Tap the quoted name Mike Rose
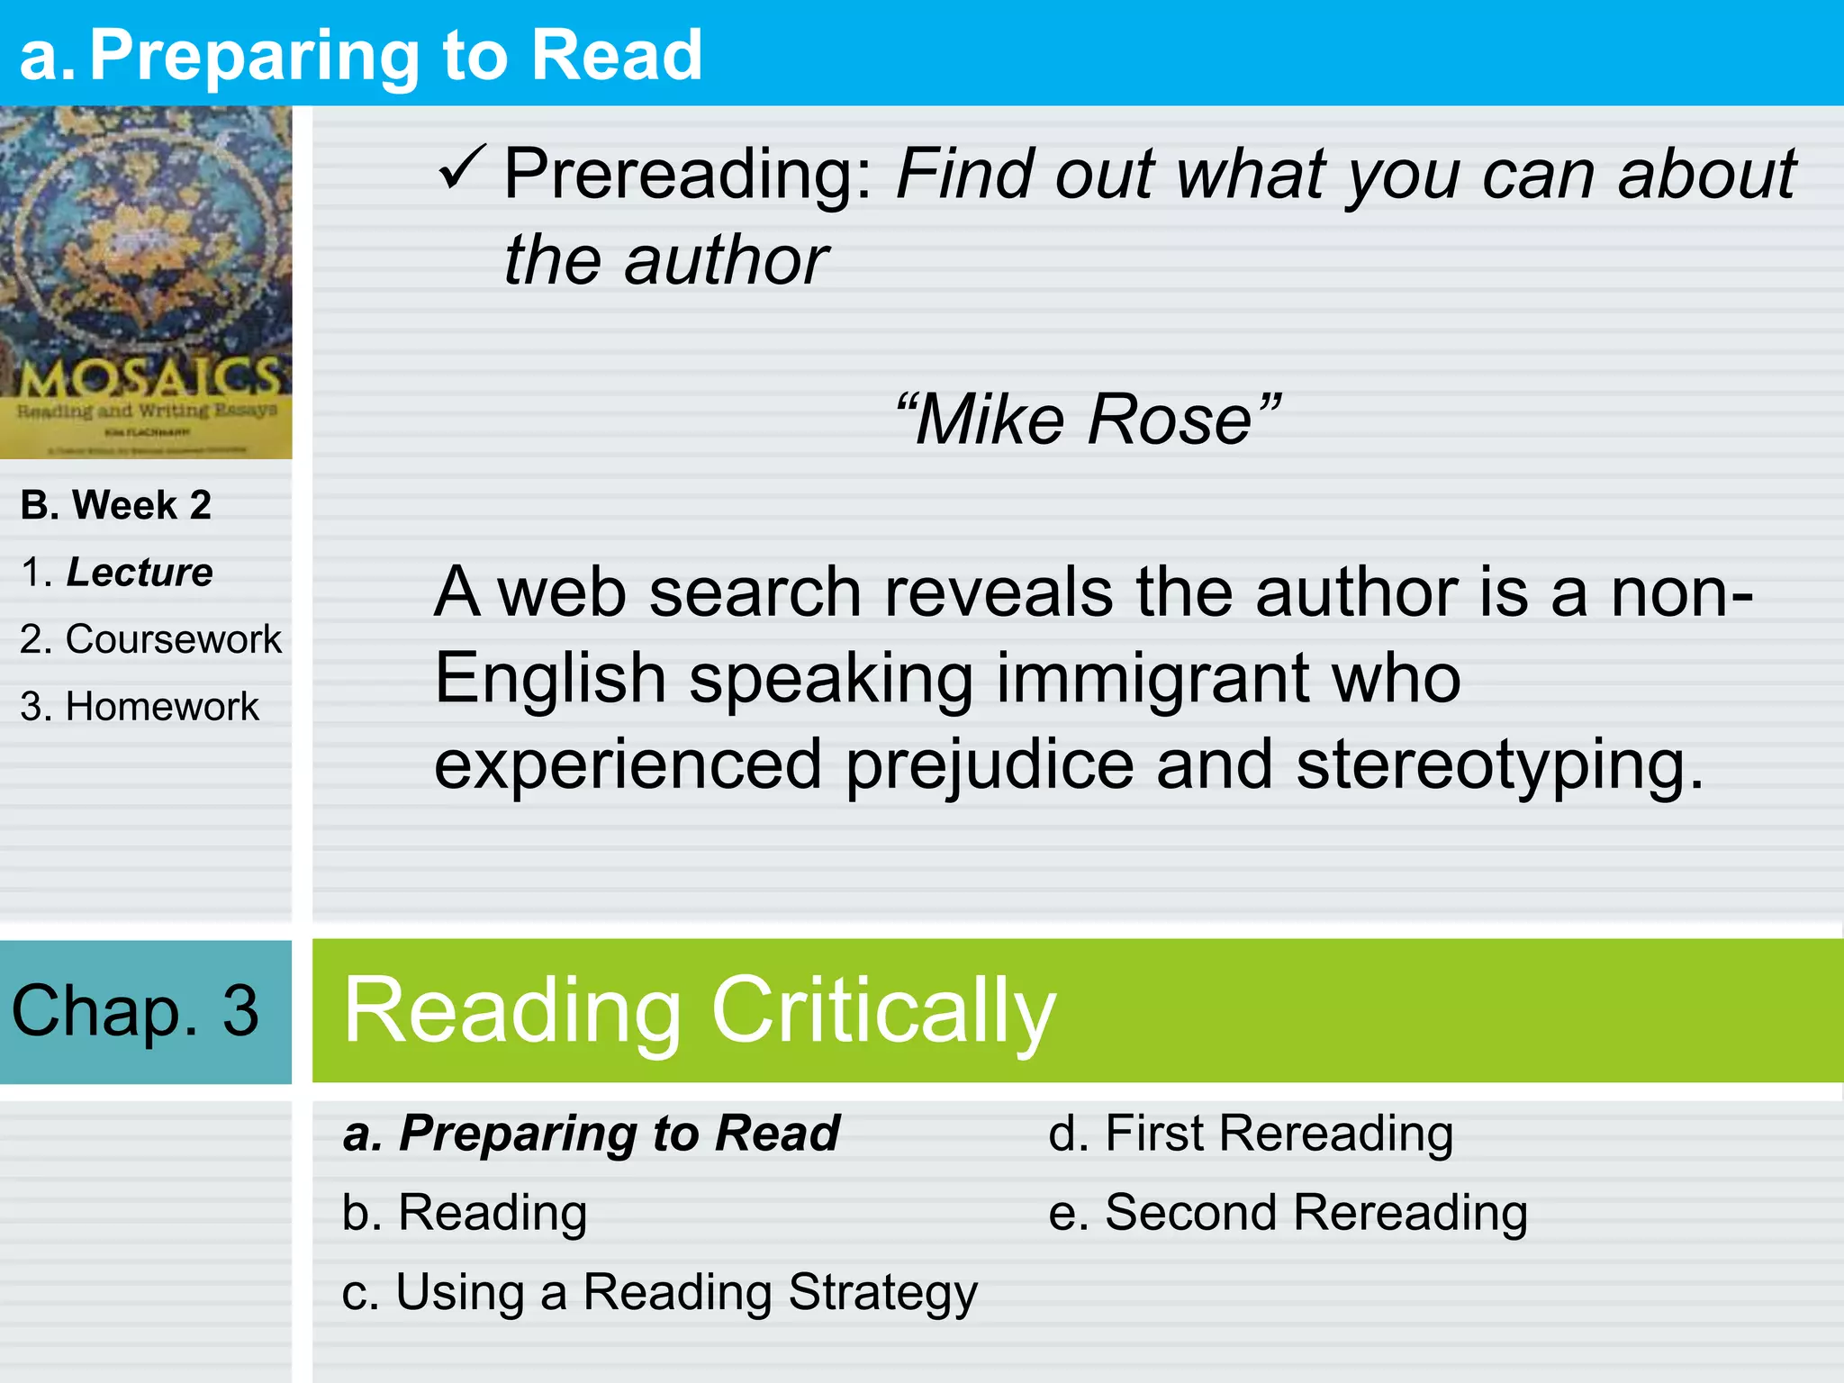point(1088,420)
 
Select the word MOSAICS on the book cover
point(149,378)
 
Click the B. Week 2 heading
point(116,505)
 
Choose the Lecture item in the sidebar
point(140,573)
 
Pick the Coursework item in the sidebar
point(173,639)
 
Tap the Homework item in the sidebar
point(162,707)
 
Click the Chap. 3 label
point(135,1010)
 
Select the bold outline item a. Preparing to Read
point(592,1133)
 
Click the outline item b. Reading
point(465,1212)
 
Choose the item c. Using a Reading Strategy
point(660,1292)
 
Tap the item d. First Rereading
point(1251,1133)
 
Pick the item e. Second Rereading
point(1288,1212)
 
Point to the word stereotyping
point(1500,764)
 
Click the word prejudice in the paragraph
point(990,764)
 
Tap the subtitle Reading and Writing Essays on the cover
point(147,411)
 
